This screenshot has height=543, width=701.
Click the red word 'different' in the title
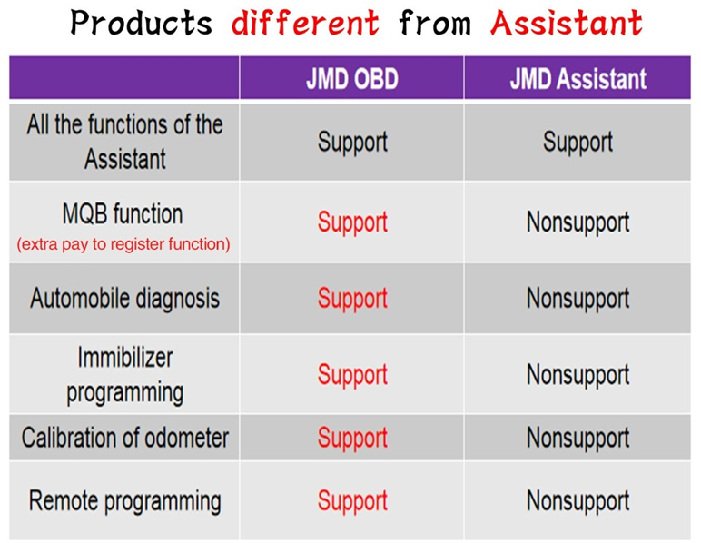coord(305,23)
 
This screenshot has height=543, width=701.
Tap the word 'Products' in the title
coord(142,23)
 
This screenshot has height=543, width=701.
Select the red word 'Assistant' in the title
coord(567,23)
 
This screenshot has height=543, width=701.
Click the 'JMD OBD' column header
coord(352,79)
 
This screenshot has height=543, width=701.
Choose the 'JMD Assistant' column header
coord(578,79)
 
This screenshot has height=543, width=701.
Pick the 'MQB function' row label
coord(123,214)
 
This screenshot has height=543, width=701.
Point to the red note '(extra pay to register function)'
coord(123,244)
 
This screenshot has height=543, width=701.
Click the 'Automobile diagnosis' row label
coord(124,299)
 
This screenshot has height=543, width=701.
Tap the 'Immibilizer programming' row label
coord(124,375)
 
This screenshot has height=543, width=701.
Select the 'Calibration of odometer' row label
coord(124,438)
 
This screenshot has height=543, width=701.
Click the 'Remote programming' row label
coord(124,501)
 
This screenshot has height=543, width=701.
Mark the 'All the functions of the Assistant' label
coord(124,142)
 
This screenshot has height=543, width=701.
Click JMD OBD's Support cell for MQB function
coord(352,222)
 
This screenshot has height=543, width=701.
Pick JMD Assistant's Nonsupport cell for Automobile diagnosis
coord(578,299)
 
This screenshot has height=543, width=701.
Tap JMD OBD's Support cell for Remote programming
coord(352,501)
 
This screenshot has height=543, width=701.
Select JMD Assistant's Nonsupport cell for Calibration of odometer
coord(578,439)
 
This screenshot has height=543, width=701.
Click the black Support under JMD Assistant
coord(578,143)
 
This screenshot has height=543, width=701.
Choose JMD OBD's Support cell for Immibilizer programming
coord(352,375)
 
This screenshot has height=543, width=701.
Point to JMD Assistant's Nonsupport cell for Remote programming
coord(578,501)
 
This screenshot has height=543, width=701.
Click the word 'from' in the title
coord(435,23)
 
